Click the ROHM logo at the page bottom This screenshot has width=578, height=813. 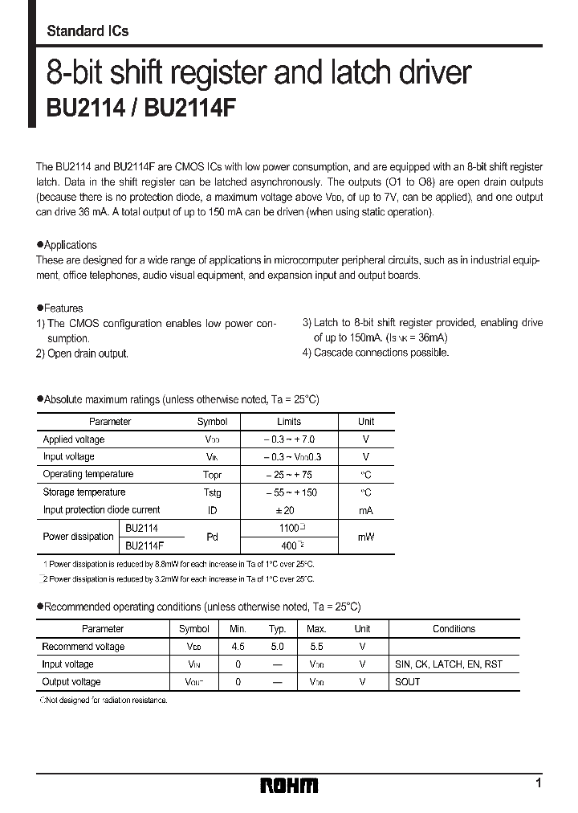(290, 786)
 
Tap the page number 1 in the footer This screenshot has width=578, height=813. (538, 782)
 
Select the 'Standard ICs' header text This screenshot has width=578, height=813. (88, 31)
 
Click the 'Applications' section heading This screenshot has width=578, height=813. (70, 245)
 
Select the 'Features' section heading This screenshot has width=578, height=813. (63, 308)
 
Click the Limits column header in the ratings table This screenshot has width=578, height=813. (288, 421)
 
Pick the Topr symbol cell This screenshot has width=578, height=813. (212, 475)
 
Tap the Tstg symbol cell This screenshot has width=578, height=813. (212, 492)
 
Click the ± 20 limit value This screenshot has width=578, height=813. (288, 510)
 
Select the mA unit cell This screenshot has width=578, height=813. (365, 510)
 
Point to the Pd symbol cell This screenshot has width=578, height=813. (212, 537)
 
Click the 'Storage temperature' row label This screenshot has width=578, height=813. (84, 492)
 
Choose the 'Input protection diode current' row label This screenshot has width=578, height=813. (101, 510)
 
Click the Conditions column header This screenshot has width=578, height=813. (454, 629)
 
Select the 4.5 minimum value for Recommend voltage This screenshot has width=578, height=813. (237, 647)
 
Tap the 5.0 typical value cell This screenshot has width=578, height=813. (277, 647)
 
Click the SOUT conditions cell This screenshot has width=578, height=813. (408, 682)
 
